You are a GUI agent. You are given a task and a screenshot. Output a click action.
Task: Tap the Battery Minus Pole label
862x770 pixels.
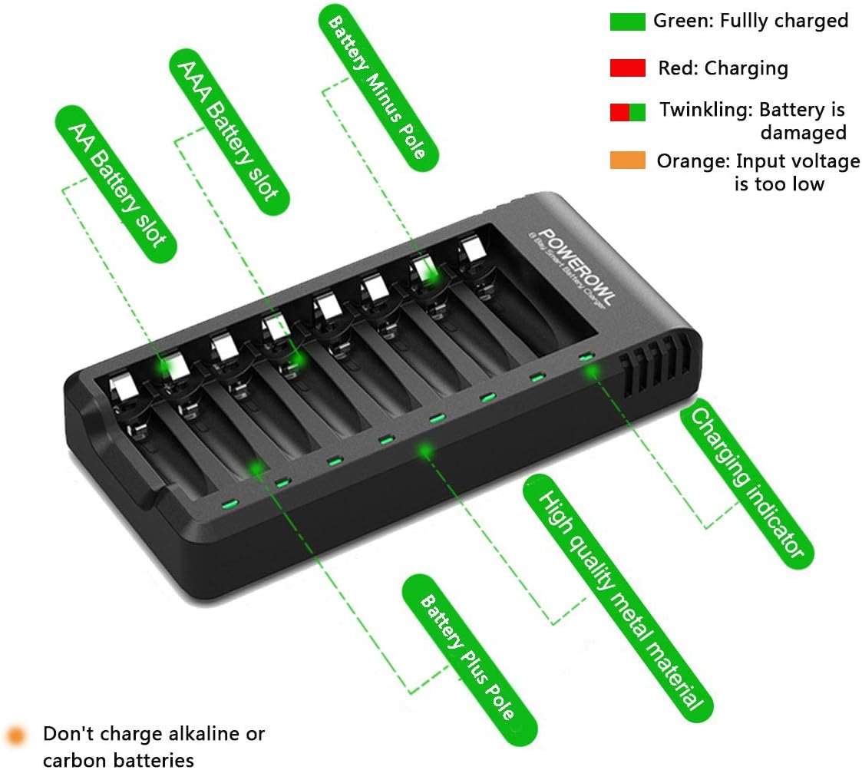coord(377,84)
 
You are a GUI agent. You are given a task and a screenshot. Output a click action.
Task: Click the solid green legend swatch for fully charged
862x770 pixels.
coord(627,22)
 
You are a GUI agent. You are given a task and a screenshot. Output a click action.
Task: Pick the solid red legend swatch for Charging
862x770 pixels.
coord(627,68)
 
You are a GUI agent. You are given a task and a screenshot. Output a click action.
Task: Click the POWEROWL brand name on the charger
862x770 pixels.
coord(572,266)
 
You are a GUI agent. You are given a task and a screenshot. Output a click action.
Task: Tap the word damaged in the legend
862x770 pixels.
coord(803,133)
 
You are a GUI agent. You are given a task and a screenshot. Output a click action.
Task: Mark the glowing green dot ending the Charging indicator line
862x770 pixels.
coord(591,372)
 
